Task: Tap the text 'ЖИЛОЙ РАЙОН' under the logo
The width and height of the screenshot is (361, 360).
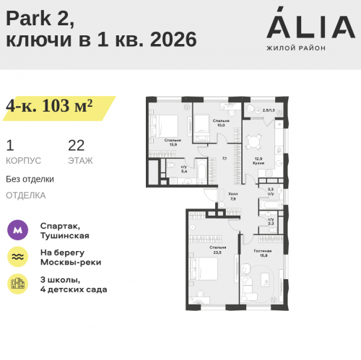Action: tap(296, 48)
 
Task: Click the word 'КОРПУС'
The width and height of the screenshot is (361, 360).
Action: tap(23, 160)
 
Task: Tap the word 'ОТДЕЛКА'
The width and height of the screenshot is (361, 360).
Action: tap(25, 195)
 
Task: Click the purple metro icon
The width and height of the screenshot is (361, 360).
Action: tap(17, 230)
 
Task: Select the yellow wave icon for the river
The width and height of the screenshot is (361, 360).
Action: tap(17, 257)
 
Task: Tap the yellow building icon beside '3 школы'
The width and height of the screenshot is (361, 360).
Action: tap(17, 284)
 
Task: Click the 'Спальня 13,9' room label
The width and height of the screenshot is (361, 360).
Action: tap(173, 142)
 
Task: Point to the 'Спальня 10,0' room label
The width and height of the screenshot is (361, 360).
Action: tap(221, 123)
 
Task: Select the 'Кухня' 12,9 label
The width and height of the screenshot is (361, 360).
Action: tap(258, 162)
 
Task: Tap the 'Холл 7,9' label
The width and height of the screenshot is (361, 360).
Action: tap(232, 196)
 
